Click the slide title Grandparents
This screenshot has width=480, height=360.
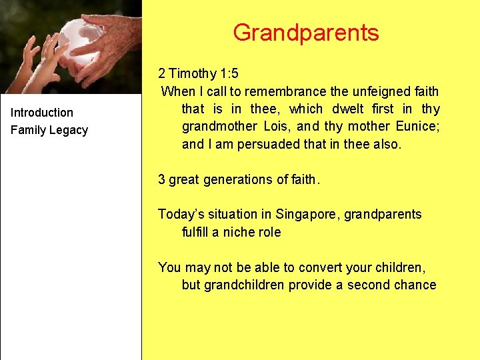coord(306,33)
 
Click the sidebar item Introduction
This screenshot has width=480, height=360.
coord(42,113)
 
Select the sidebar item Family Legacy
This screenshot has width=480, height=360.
coord(49,130)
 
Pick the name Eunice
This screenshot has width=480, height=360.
coord(415,126)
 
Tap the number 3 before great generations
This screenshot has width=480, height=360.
coord(161,179)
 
